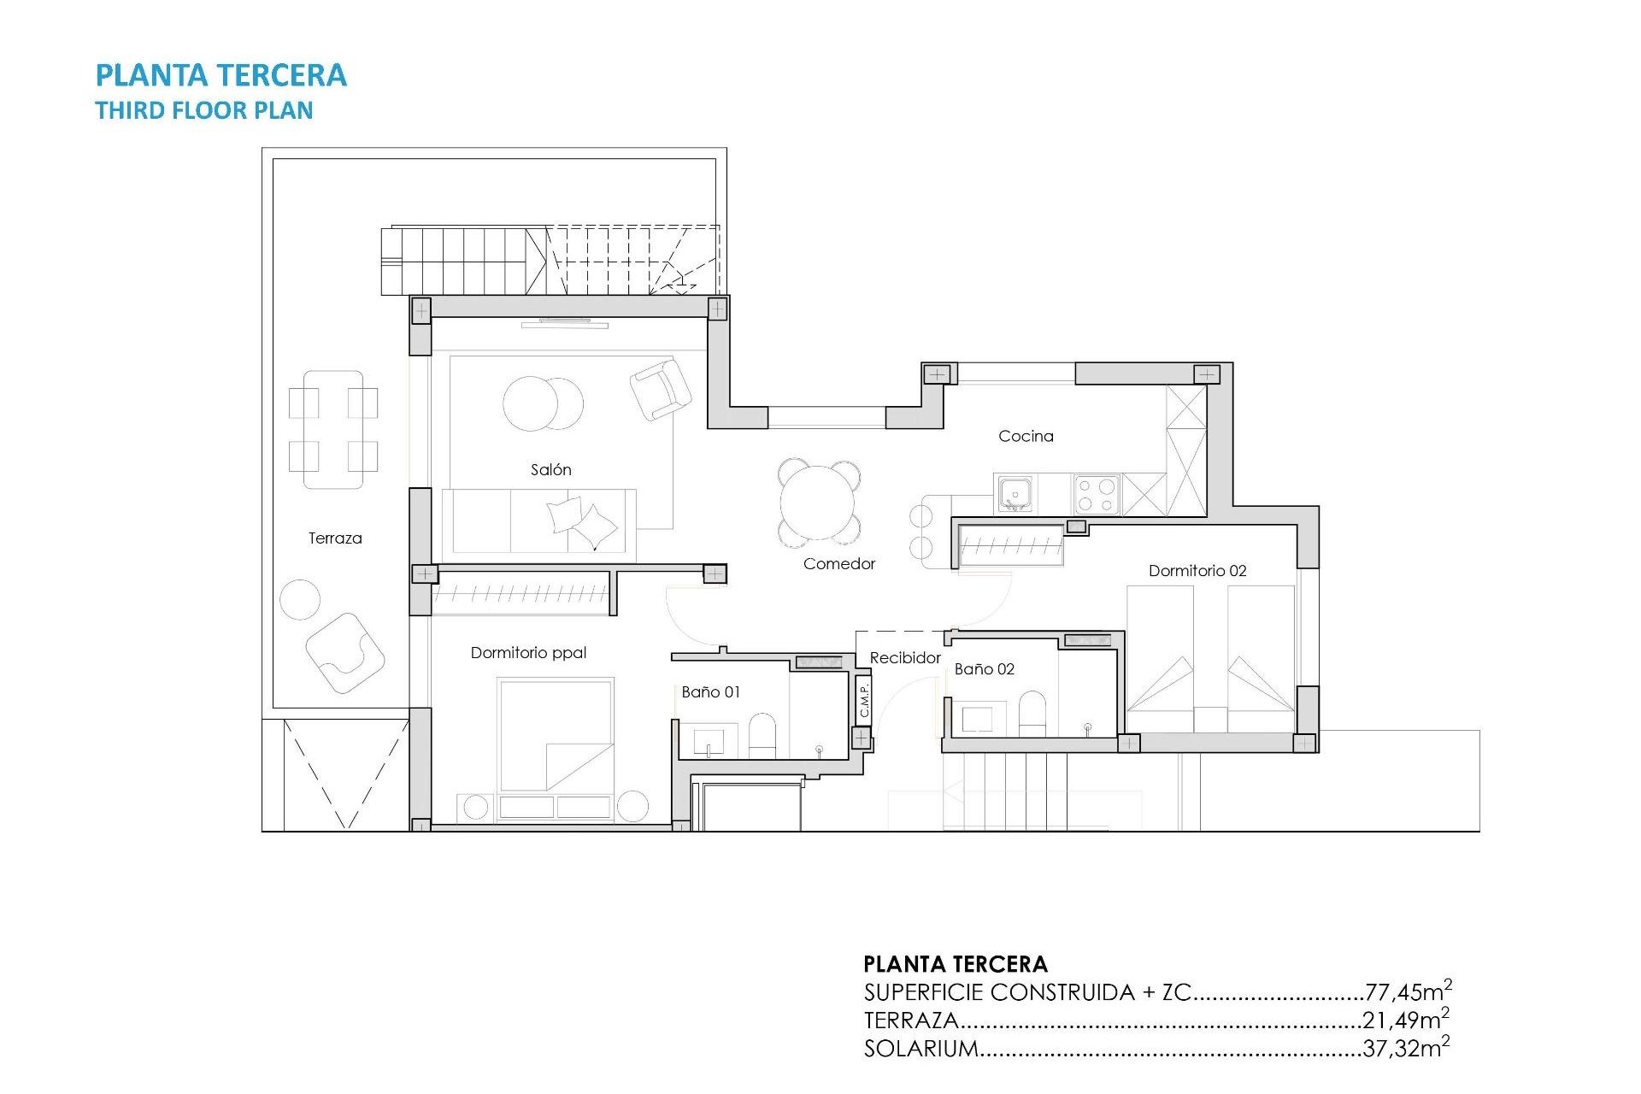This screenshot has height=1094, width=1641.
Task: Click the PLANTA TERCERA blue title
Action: [x=221, y=75]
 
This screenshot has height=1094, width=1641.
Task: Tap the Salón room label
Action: [x=550, y=469]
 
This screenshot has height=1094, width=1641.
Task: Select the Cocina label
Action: [x=1026, y=436]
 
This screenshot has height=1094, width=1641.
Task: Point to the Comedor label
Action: [x=838, y=563]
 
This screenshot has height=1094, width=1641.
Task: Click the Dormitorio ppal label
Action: [x=528, y=653]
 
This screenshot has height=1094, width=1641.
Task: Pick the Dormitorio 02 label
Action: [x=1197, y=570]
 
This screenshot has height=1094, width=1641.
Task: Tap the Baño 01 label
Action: [x=710, y=691]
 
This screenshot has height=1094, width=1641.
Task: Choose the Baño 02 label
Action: [x=984, y=669]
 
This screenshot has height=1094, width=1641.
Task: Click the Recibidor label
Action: [x=904, y=657]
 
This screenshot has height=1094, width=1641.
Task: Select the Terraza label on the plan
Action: [x=335, y=538]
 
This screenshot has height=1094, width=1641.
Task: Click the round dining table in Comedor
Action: [x=819, y=503]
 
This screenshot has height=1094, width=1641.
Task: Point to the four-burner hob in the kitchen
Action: [x=1097, y=495]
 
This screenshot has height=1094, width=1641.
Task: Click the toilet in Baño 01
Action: [x=762, y=735]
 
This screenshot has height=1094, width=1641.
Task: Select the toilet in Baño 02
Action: [x=1032, y=713]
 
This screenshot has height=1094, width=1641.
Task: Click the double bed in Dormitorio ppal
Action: [x=556, y=735]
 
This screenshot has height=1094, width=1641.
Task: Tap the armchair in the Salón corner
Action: [x=660, y=389]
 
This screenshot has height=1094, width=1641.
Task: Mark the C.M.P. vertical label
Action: [x=864, y=700]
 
